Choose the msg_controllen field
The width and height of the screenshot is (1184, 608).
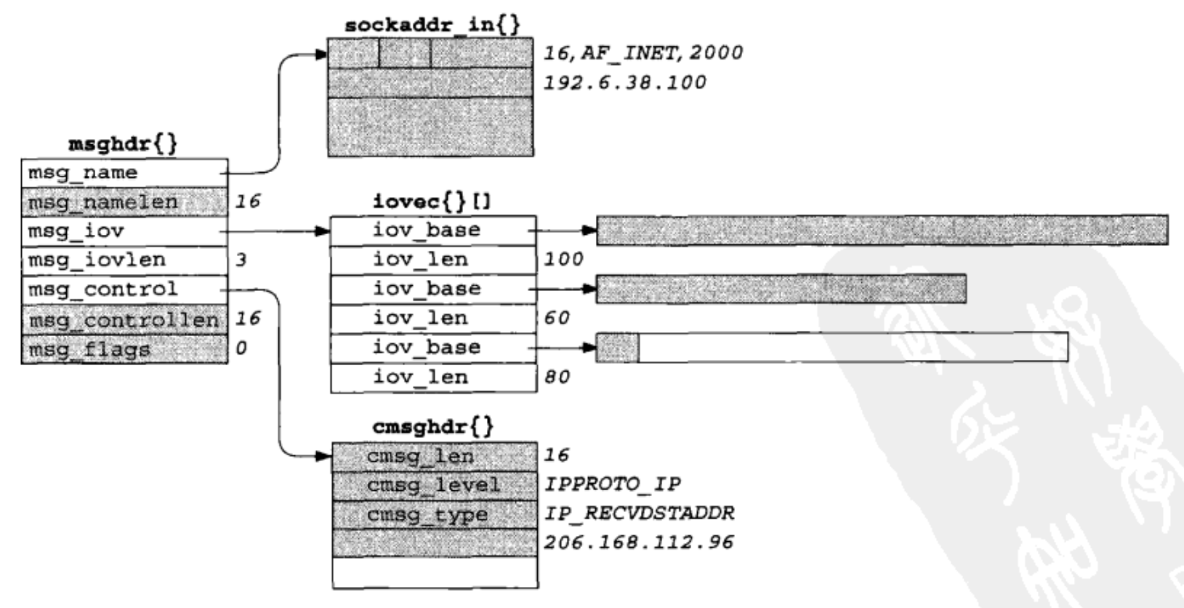(124, 320)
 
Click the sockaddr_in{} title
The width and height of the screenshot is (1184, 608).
(432, 25)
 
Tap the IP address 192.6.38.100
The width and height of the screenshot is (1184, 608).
(624, 83)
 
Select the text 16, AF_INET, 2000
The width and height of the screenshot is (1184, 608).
(643, 52)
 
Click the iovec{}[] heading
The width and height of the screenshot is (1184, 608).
(432, 201)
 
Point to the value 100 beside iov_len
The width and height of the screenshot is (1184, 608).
(563, 259)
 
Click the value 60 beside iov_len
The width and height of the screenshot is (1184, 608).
(556, 318)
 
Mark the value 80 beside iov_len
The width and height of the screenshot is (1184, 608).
(556, 377)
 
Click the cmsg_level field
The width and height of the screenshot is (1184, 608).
(434, 485)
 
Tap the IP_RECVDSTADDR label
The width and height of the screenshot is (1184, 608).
(639, 513)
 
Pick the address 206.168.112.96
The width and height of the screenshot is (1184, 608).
(638, 543)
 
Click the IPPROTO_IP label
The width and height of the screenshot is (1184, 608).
(612, 484)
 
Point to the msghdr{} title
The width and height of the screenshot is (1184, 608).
(123, 144)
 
